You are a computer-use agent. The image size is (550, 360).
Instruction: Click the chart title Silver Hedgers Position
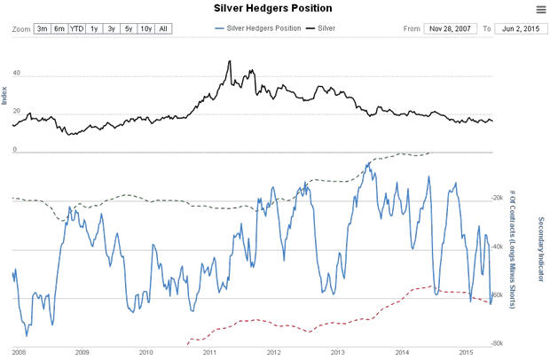[x=273, y=9]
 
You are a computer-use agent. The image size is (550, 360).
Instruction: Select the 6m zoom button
[x=59, y=29]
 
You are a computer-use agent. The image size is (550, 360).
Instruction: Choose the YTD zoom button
[x=77, y=29]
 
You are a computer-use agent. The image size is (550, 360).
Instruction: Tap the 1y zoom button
[x=95, y=29]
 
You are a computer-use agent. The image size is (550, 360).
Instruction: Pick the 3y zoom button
[x=112, y=29]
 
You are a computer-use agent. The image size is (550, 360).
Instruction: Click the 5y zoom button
[x=129, y=29]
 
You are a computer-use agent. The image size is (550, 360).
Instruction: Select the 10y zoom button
[x=145, y=29]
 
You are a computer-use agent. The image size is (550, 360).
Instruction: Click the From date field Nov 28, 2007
[x=450, y=29]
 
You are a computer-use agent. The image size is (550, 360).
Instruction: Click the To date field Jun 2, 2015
[x=515, y=29]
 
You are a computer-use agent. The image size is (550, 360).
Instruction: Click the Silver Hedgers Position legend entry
[x=260, y=29]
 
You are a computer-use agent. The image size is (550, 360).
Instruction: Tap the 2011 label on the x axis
[x=210, y=352]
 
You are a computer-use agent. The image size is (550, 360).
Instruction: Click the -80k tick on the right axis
[x=497, y=342]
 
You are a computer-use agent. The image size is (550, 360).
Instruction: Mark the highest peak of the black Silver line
[x=230, y=61]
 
